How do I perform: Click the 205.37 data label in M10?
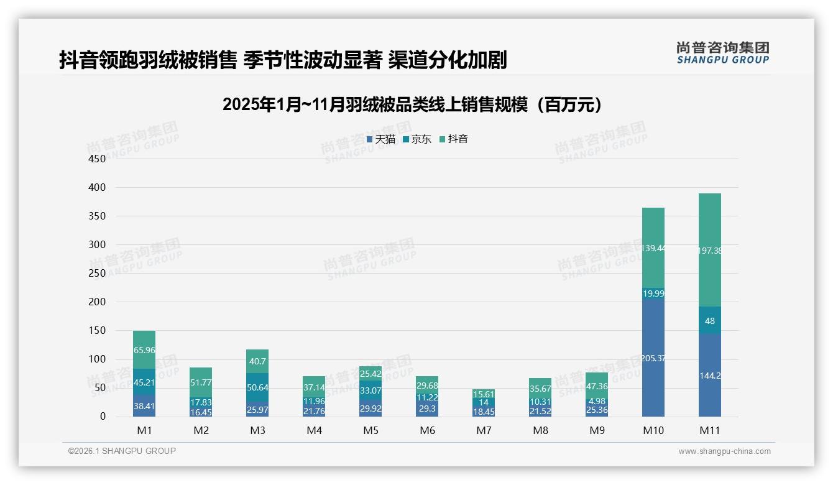click(653, 358)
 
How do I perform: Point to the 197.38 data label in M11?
click(710, 251)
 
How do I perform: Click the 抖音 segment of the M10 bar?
click(653, 248)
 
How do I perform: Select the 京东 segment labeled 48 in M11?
click(710, 321)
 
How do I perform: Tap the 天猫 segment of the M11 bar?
click(710, 376)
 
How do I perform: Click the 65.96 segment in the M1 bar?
click(144, 350)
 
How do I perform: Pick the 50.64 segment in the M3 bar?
click(257, 387)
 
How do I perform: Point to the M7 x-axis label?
click(484, 430)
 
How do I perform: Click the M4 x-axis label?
click(315, 430)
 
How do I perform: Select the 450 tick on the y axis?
click(97, 159)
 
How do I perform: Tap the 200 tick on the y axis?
click(97, 302)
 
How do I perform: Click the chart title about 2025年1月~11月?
click(413, 104)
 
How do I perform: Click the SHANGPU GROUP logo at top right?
click(722, 53)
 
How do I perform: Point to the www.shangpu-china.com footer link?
click(724, 451)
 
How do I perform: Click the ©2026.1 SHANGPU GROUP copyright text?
click(122, 451)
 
